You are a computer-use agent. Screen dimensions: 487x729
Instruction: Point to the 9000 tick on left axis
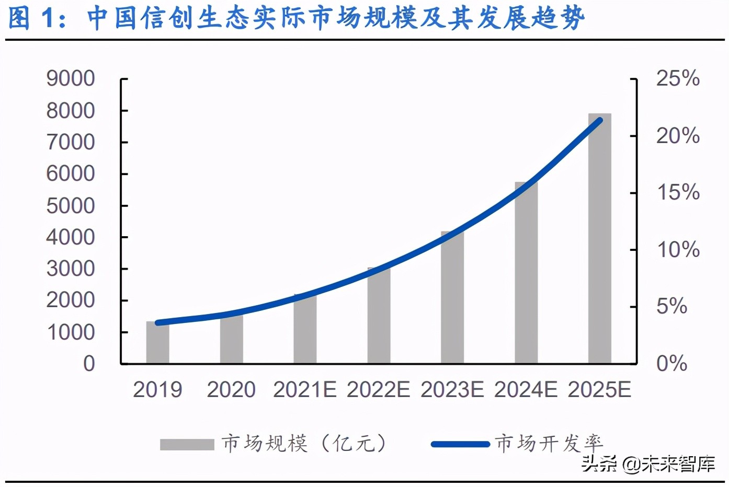71,79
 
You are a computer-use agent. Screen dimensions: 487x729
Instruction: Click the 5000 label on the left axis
71,206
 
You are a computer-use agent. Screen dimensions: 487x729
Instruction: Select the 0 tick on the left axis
89,364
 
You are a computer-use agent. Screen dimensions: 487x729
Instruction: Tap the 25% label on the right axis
678,79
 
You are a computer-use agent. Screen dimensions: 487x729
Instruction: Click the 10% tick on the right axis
678,250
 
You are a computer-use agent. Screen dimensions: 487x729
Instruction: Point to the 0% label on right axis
671,364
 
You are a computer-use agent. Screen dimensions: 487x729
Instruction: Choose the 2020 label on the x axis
231,390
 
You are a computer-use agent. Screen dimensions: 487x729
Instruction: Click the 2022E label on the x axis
378,390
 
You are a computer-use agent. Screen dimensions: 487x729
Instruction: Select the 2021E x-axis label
304,390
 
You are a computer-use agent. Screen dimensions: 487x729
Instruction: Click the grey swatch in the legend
187,445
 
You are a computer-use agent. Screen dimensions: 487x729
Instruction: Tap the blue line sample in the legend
460,445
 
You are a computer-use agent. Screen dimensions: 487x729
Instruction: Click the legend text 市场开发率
549,444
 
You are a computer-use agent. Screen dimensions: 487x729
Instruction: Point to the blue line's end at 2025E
600,120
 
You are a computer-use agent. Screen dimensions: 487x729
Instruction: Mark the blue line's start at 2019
158,323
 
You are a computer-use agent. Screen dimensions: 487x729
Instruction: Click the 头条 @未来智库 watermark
648,463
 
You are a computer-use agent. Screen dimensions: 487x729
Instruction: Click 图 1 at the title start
37,18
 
